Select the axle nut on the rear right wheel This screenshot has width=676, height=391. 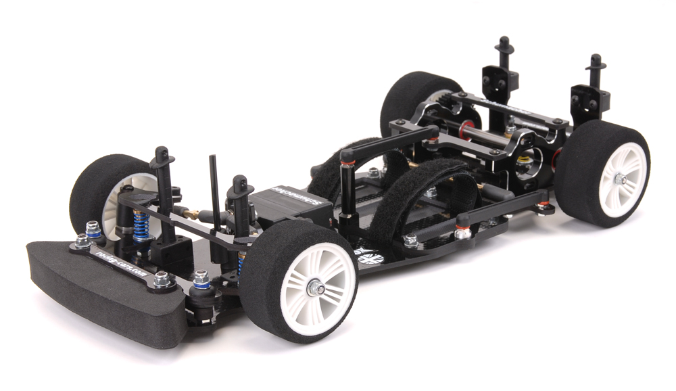click(619, 179)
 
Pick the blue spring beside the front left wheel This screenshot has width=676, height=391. click(140, 223)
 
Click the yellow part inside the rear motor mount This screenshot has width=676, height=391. click(523, 161)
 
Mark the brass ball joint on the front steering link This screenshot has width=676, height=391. click(192, 215)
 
